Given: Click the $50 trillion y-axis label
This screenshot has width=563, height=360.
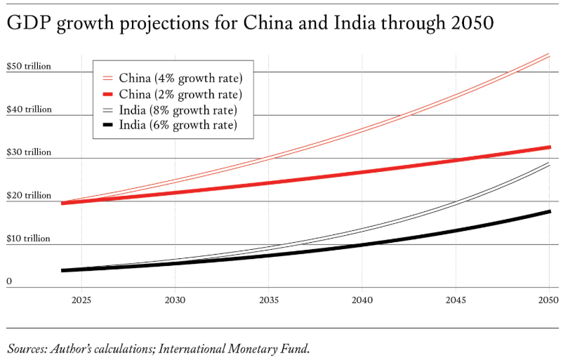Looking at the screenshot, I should coord(29,66).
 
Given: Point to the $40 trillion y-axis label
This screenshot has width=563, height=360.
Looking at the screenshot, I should coord(29,109).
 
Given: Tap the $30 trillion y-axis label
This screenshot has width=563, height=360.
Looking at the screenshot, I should coord(29,152).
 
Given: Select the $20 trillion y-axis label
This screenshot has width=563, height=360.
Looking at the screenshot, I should coord(29,196).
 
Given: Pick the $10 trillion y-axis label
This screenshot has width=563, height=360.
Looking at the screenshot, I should coord(29,239).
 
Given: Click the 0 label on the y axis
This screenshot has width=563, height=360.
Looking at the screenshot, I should coord(9,281).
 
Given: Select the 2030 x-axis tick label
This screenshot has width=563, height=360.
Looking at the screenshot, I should coord(175,300).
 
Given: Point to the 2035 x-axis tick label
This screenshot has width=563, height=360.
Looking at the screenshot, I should coord(268,300).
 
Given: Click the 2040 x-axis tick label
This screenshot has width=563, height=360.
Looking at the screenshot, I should coord(362,300).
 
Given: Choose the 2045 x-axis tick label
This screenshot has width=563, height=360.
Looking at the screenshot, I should coord(456,300).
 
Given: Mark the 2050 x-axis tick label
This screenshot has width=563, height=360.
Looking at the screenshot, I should coord(548,300).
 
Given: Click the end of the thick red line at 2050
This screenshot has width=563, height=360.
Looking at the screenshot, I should coord(549,147).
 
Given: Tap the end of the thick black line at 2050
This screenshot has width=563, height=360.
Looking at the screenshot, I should coord(549,211).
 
